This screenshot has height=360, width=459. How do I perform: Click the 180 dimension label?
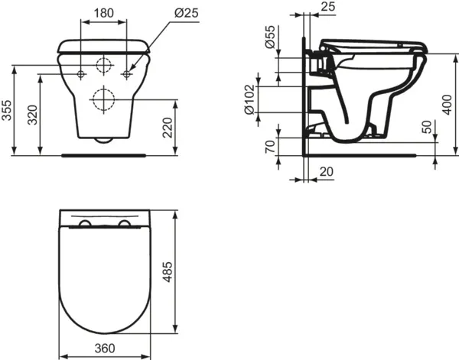click(x=105, y=14)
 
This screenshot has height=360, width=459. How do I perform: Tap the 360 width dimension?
click(x=106, y=347)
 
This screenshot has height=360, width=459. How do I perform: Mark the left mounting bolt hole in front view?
click(x=81, y=73)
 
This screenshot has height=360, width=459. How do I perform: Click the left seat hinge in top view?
click(x=85, y=223)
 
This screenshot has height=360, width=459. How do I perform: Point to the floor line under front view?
click(x=103, y=154)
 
